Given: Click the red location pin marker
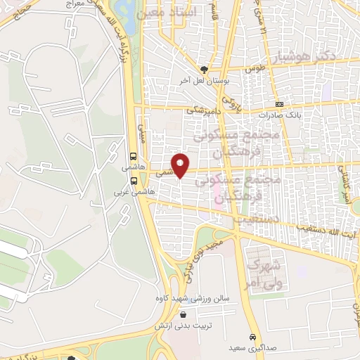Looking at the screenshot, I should pyautogui.click(x=181, y=165).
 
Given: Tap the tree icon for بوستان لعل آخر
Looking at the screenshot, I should pyautogui.click(x=205, y=69).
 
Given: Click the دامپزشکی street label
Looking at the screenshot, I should pyautogui.click(x=205, y=109).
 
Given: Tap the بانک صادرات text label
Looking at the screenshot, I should pyautogui.click(x=274, y=114).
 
